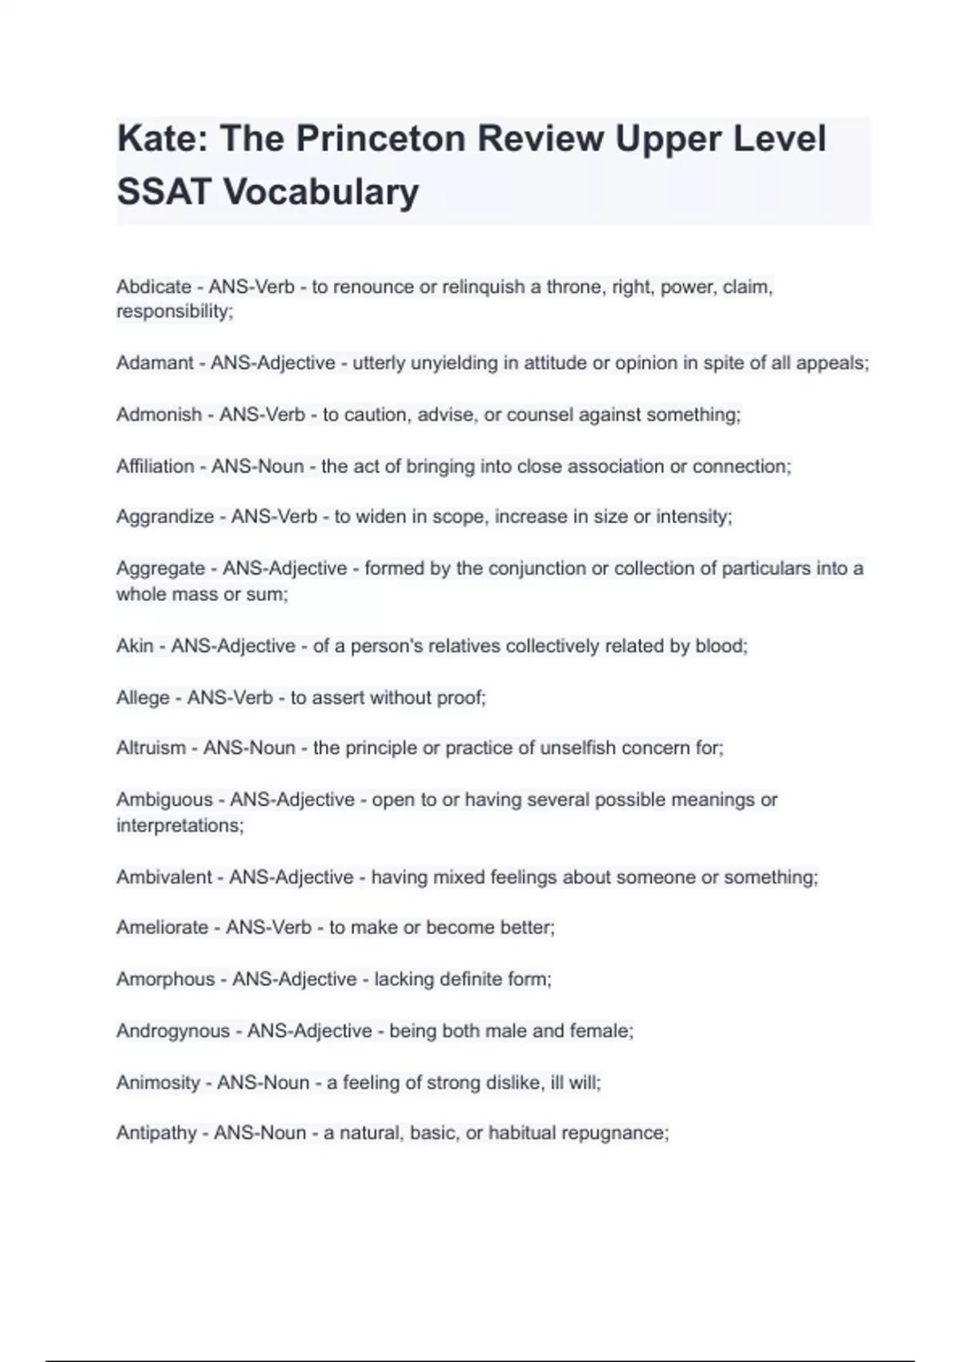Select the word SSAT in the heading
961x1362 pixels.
pyautogui.click(x=164, y=192)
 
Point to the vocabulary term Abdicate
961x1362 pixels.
pyautogui.click(x=154, y=287)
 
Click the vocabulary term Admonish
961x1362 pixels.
pyautogui.click(x=159, y=415)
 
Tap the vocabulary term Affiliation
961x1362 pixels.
pyautogui.click(x=155, y=466)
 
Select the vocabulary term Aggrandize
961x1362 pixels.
pyautogui.click(x=165, y=517)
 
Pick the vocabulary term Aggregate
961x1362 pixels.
pyautogui.click(x=161, y=569)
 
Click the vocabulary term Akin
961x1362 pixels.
pyautogui.click(x=135, y=646)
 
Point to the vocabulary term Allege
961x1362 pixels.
pyautogui.click(x=143, y=698)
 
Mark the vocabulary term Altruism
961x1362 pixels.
pyautogui.click(x=151, y=748)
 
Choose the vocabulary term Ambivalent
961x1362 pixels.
pyautogui.click(x=164, y=877)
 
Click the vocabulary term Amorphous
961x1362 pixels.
pyautogui.click(x=166, y=979)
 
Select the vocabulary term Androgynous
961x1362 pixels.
pyautogui.click(x=173, y=1031)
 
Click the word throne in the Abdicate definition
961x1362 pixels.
pyautogui.click(x=574, y=287)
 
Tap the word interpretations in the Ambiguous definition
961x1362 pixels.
pyautogui.click(x=179, y=825)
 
